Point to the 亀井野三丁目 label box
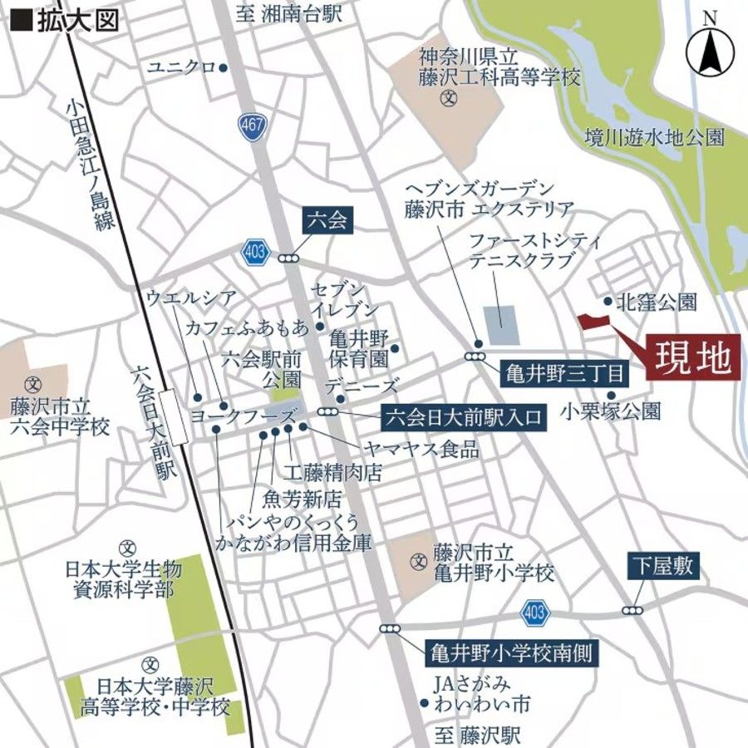point(563,375)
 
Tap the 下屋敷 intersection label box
point(664,568)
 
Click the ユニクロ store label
point(181,68)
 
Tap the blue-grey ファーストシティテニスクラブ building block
point(503,325)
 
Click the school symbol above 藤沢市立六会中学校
point(34,386)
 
